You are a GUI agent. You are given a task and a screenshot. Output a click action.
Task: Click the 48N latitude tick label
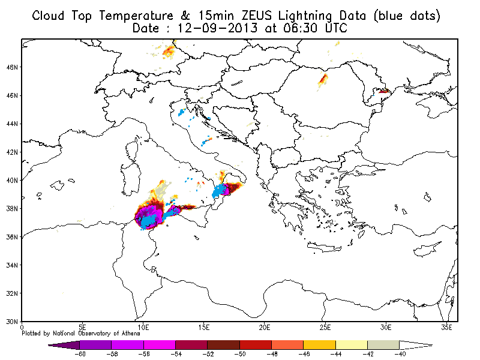pyautogui.click(x=11, y=67)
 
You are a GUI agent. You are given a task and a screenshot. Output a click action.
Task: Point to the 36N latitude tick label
pyautogui.click(x=11, y=237)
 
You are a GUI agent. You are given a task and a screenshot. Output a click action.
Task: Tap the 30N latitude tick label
pyautogui.click(x=11, y=322)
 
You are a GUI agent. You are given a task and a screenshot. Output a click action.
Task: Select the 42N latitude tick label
pyautogui.click(x=11, y=152)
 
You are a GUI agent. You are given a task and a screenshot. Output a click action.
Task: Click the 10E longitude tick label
pyautogui.click(x=143, y=328)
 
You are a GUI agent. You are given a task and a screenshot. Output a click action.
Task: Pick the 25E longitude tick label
pyautogui.click(x=325, y=328)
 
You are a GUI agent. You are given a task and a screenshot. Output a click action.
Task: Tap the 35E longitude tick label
pyautogui.click(x=446, y=328)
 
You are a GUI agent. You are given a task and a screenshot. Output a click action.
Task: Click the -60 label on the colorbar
pyautogui.click(x=80, y=354)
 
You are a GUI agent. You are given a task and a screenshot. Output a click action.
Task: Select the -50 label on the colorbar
pyautogui.click(x=239, y=354)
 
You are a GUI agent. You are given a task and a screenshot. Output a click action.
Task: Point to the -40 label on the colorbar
pyautogui.click(x=400, y=354)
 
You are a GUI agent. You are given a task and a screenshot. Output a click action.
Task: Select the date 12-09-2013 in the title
pyautogui.click(x=218, y=28)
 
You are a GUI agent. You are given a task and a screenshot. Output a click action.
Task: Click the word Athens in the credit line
pyautogui.click(x=130, y=334)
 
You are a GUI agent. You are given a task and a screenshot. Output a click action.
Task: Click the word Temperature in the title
pyautogui.click(x=136, y=16)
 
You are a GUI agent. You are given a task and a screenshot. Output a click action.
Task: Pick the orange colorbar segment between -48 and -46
pyautogui.click(x=287, y=345)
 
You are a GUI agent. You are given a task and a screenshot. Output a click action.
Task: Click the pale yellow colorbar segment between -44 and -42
pyautogui.click(x=352, y=345)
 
